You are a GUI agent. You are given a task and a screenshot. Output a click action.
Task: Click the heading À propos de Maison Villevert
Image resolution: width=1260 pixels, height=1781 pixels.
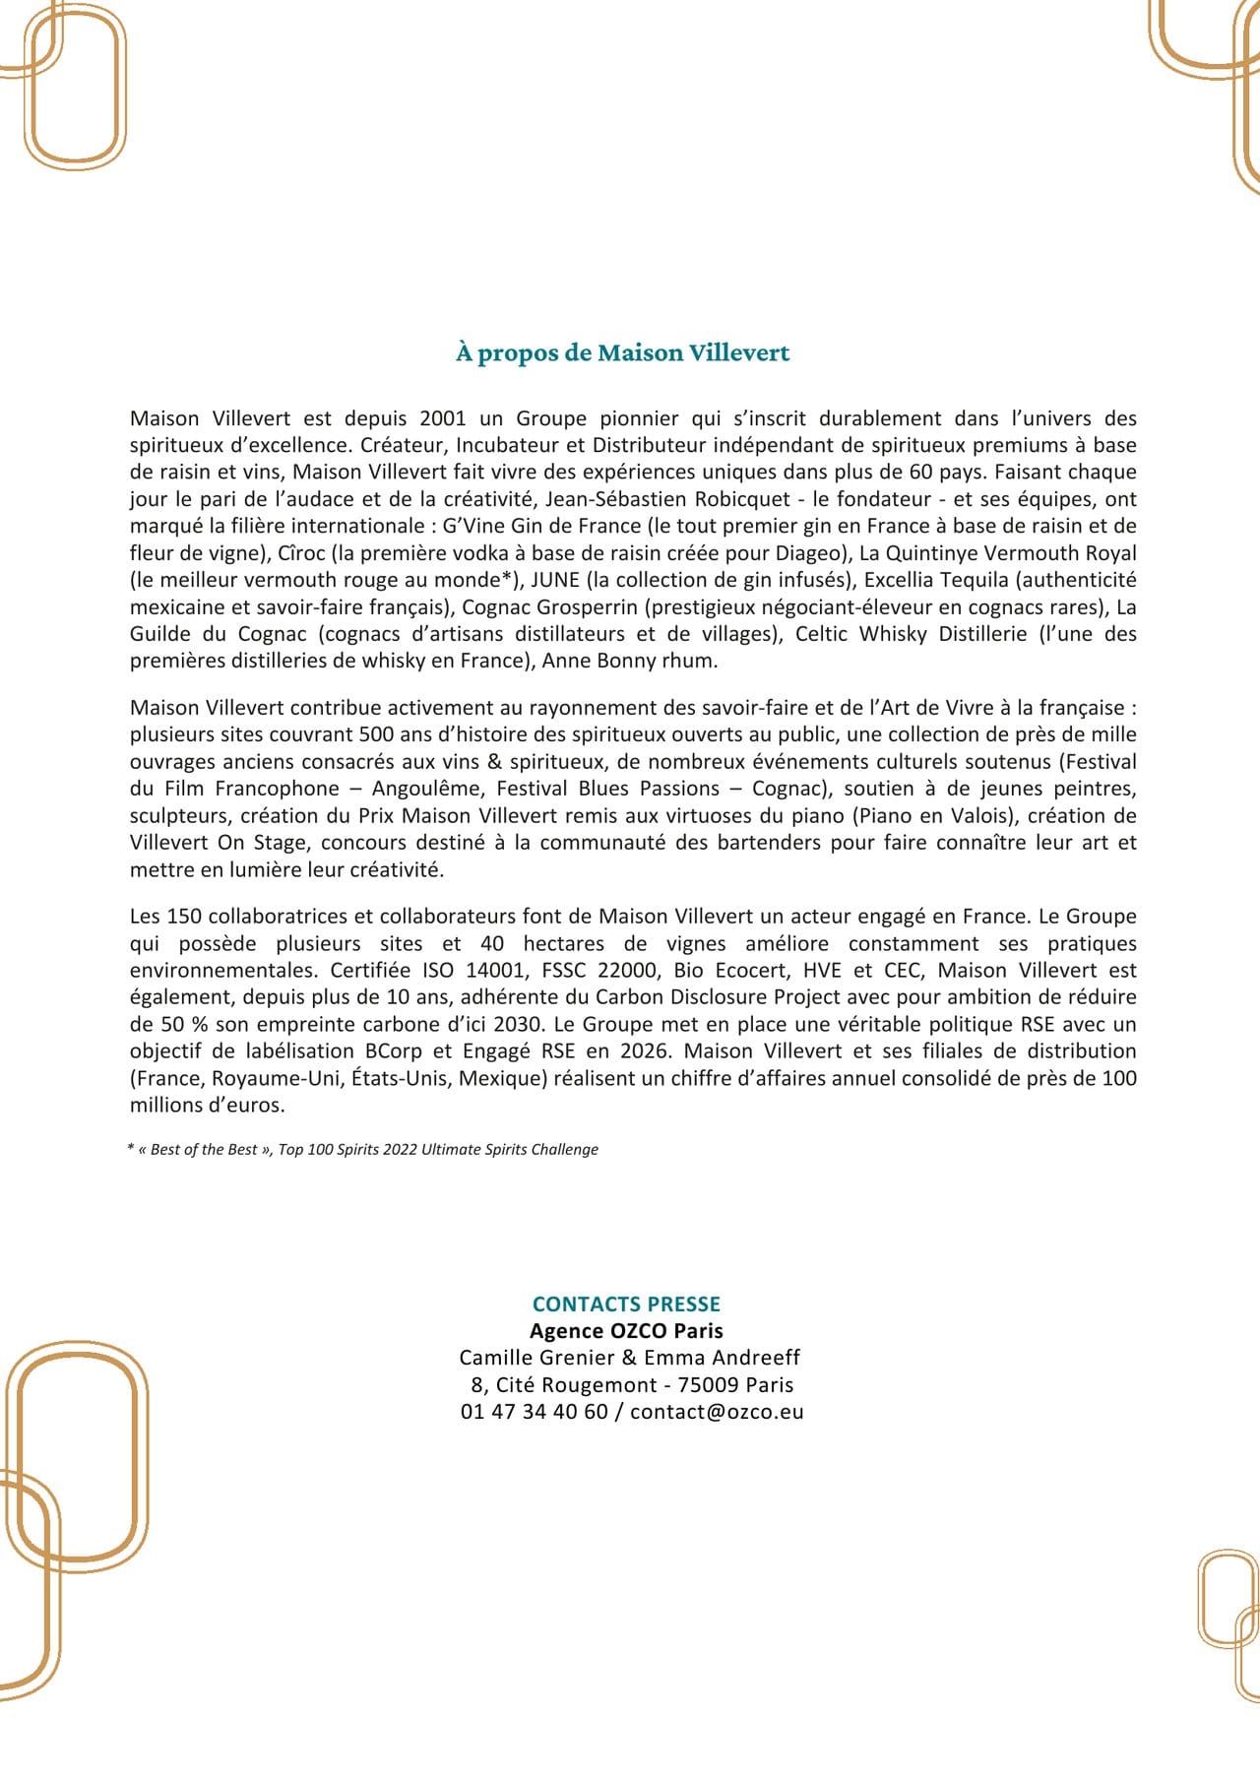pyautogui.click(x=622, y=352)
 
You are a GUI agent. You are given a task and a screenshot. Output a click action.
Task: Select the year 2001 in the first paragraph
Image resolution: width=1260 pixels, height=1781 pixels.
pyautogui.click(x=443, y=418)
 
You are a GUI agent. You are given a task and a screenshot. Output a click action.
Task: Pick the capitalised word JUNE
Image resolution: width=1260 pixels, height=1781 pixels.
pyautogui.click(x=555, y=580)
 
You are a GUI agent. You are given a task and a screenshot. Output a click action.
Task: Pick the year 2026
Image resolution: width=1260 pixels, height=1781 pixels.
pyautogui.click(x=644, y=1051)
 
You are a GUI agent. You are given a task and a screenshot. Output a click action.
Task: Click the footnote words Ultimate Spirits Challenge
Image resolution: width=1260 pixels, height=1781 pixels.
pyautogui.click(x=510, y=1150)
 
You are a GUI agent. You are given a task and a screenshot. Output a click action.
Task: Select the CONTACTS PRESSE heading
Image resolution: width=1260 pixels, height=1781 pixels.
pyautogui.click(x=626, y=1304)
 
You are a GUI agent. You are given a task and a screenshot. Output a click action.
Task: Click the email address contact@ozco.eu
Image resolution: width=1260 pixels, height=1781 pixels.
pyautogui.click(x=717, y=1412)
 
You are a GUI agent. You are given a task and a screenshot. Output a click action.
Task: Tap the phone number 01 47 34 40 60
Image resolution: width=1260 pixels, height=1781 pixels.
pyautogui.click(x=535, y=1412)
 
